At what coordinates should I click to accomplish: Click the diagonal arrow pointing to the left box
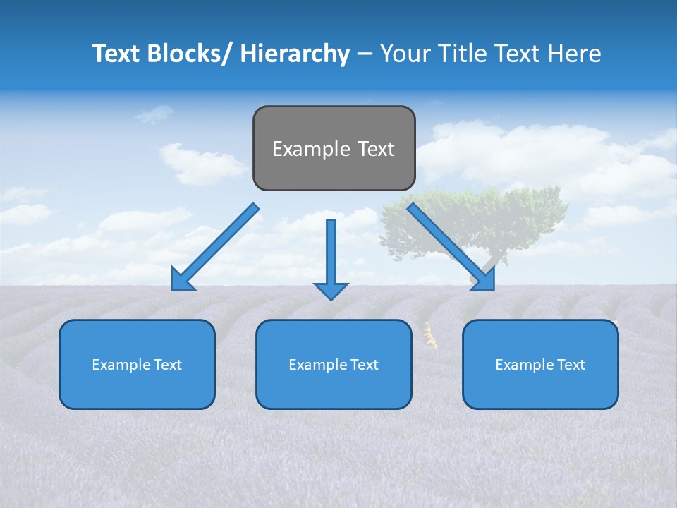tap(215, 248)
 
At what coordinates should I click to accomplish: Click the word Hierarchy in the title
tap(295, 54)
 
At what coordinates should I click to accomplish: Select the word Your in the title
tap(404, 54)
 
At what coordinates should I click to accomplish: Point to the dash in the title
tap(364, 54)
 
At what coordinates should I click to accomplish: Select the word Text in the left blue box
tap(168, 365)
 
